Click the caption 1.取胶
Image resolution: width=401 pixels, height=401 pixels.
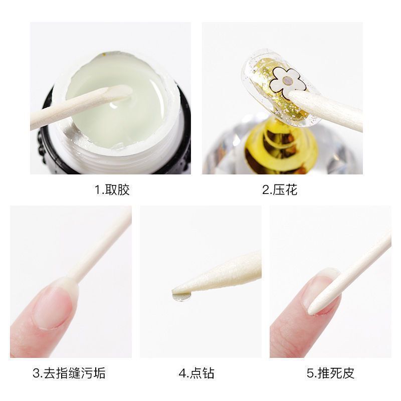pos(112,189)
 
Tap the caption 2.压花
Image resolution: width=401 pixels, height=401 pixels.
pos(280,189)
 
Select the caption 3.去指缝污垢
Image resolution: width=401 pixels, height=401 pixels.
pos(69,373)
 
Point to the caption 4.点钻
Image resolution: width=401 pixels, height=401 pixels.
pos(196,373)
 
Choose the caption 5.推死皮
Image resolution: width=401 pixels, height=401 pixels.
pos(330,373)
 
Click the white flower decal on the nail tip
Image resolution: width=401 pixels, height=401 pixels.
pos(287,82)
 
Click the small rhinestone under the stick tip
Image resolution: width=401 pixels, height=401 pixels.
pos(182,297)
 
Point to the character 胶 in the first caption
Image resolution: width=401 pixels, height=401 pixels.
pos(123,189)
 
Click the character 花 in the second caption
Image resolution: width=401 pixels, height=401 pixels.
pos(291,189)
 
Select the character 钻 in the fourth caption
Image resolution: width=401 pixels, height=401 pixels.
pos(208,373)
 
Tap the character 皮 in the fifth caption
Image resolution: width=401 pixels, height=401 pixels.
pos(348,373)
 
